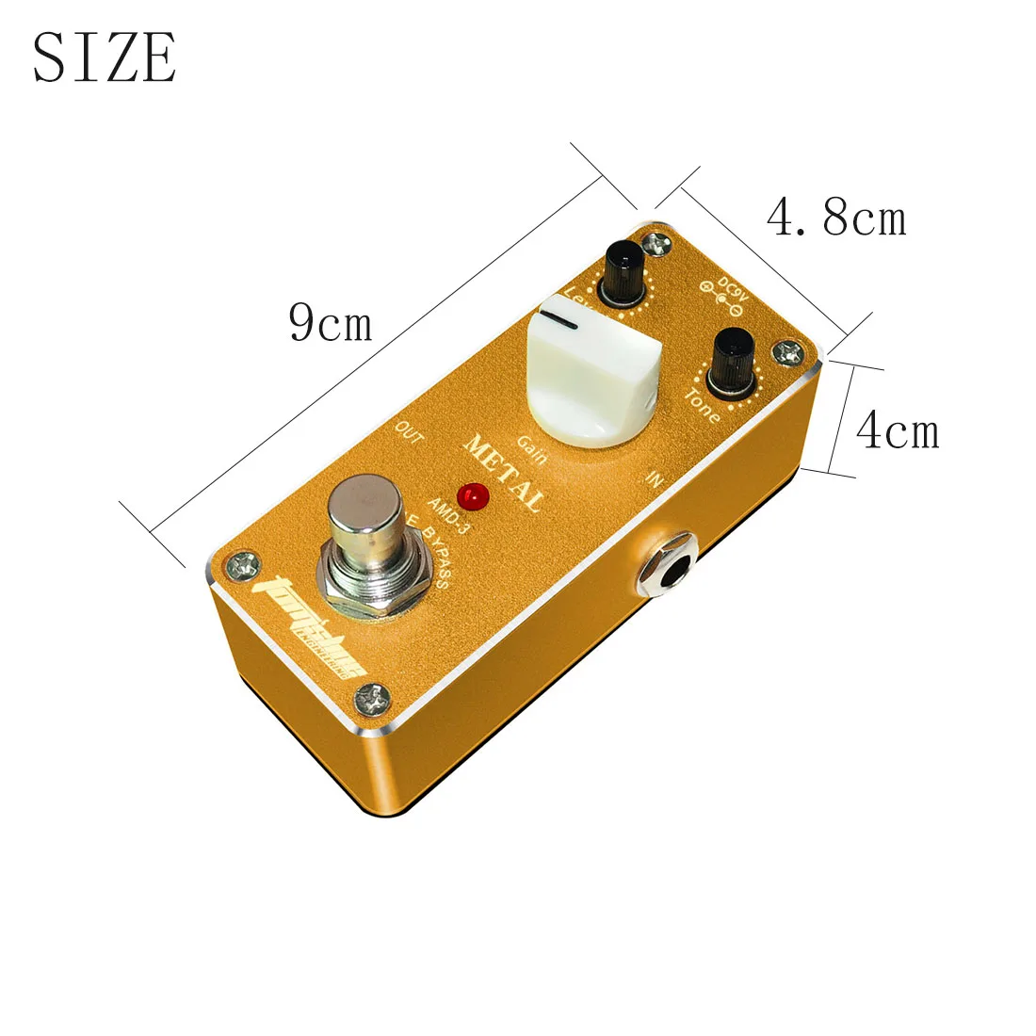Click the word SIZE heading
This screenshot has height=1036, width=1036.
(105, 57)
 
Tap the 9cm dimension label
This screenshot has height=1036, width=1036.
(331, 323)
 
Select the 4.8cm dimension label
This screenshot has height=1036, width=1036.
(836, 219)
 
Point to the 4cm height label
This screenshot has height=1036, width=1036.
(897, 431)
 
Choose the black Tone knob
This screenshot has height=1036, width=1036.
(733, 360)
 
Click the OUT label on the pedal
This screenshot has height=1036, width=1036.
(410, 432)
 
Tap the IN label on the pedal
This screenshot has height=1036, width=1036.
(655, 478)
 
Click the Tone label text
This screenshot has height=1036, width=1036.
(703, 406)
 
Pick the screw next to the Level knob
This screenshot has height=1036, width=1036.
(657, 243)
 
